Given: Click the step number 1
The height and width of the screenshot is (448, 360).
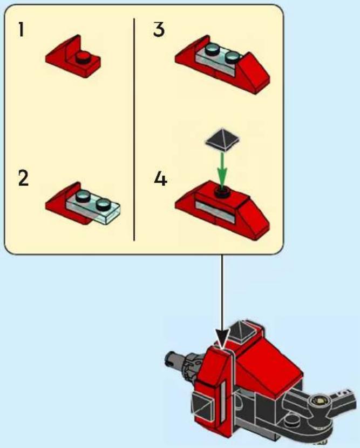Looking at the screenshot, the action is click(x=21, y=29).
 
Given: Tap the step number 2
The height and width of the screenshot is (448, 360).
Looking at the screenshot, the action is click(x=24, y=178).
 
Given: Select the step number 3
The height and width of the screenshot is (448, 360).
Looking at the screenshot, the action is click(x=159, y=30).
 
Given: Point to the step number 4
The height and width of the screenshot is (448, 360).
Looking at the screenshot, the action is click(x=161, y=179).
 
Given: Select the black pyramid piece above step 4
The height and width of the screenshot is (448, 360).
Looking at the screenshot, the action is click(x=222, y=140).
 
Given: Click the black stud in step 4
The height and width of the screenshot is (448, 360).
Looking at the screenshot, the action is click(x=222, y=192).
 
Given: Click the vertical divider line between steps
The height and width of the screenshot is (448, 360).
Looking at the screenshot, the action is click(x=134, y=130).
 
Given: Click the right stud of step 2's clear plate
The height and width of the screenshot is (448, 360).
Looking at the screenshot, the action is click(x=103, y=204).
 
